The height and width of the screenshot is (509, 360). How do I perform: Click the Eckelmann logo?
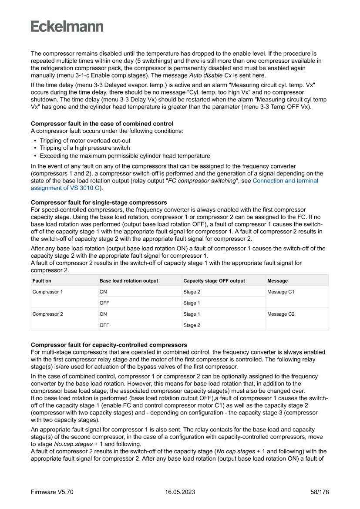[x=67, y=26]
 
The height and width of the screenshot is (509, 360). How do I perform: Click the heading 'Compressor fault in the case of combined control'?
[x=102, y=124]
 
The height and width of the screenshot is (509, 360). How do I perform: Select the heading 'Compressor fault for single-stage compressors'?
[x=99, y=202]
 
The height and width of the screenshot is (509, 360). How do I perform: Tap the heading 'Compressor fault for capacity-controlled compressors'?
[x=109, y=345]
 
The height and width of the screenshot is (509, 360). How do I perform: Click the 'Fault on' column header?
[x=42, y=281]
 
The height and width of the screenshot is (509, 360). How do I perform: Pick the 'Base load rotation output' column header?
[x=129, y=281]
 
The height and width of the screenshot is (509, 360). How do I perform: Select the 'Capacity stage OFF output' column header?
[x=214, y=281]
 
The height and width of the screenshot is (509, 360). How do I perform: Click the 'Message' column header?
[x=277, y=281]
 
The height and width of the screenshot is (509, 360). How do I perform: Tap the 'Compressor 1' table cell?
[x=47, y=292]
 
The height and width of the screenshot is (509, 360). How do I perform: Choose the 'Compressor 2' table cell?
[x=47, y=314]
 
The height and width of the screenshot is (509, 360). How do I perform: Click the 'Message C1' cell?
[x=281, y=292]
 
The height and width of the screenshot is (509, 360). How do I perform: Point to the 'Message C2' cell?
[x=281, y=314]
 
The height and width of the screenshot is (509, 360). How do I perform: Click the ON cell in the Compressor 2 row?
[x=103, y=314]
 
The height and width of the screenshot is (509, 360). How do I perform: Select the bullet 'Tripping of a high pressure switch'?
[x=85, y=148]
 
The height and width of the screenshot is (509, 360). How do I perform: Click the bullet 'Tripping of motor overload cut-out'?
[x=85, y=141]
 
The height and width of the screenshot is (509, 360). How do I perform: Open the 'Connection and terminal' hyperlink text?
[x=285, y=181]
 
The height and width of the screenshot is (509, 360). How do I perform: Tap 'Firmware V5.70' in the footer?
[x=52, y=492]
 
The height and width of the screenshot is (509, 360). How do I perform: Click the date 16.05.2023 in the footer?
[x=180, y=492]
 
